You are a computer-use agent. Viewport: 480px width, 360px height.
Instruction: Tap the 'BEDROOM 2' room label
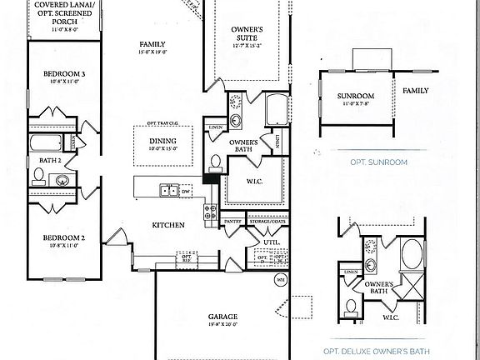[59, 238]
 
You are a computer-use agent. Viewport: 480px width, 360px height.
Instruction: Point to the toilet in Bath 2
[38, 176]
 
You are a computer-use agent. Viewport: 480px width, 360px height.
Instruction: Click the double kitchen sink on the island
[169, 190]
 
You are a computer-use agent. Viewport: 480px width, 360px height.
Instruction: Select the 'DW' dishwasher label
[186, 191]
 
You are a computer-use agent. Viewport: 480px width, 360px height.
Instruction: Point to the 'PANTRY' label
[232, 222]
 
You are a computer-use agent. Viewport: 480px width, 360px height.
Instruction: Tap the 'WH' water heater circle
[280, 279]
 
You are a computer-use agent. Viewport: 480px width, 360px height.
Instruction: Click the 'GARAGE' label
[222, 317]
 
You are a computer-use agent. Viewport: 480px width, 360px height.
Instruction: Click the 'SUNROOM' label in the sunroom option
[356, 96]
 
